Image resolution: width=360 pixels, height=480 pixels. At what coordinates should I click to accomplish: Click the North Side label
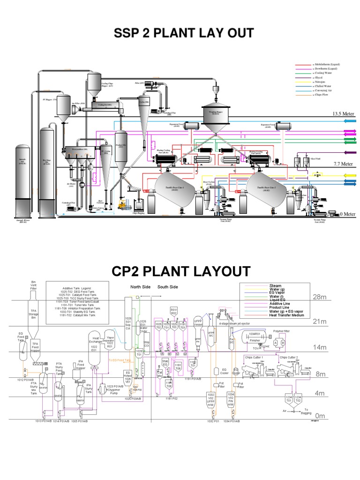pos(140,287)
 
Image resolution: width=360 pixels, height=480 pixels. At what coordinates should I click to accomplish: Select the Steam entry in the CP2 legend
pos(275,285)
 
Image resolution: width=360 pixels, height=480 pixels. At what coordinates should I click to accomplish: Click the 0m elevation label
pos(320,416)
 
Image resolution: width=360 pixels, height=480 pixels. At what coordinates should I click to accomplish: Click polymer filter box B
pos(283,343)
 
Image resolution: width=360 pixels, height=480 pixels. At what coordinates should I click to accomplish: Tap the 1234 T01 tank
pos(289,398)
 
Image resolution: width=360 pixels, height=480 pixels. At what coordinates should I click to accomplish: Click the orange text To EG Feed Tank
pos(120,360)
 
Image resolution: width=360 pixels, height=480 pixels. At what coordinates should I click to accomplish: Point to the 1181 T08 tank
pos(178,366)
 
